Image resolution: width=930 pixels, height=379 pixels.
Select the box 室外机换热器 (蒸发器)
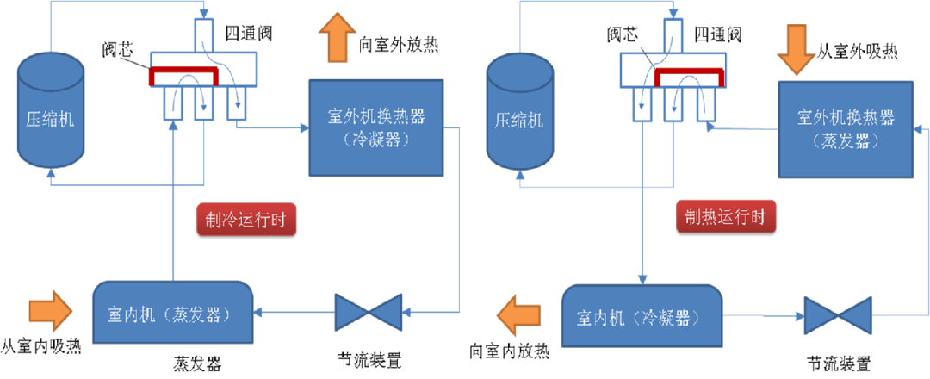tap(846, 129)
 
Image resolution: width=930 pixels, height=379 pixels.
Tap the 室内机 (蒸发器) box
tap(172, 313)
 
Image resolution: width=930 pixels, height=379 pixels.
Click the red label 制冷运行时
tap(246, 220)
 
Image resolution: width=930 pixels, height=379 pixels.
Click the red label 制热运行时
tap(726, 216)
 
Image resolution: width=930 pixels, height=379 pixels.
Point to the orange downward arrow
tap(796, 49)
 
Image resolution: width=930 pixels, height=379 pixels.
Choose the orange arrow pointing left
tap(518, 314)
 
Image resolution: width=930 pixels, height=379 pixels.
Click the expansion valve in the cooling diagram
tap(369, 312)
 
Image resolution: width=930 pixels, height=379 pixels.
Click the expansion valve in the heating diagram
tap(837, 315)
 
